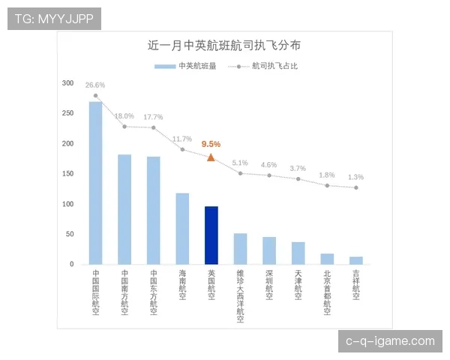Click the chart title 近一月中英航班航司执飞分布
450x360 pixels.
tap(225, 46)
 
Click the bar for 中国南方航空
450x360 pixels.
tap(124, 209)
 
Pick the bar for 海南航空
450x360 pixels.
tap(182, 228)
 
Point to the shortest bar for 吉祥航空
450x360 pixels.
tap(356, 260)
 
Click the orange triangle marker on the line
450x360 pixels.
tap(211, 157)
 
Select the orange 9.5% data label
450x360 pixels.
tap(211, 143)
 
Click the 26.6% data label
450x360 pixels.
tap(95, 85)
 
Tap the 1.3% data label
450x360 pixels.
tap(355, 177)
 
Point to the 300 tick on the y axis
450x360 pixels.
tap(68, 83)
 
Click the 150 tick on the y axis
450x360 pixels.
tap(68, 174)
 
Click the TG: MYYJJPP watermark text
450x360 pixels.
tap(54, 19)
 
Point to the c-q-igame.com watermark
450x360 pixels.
tap(390, 341)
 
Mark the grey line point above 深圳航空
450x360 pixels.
tap(269, 175)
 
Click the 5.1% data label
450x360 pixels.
tap(240, 163)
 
